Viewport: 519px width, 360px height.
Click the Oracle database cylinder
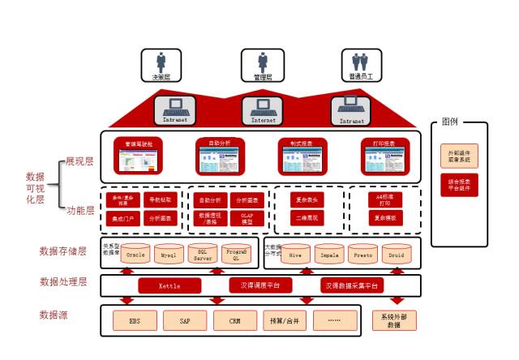point(135,254)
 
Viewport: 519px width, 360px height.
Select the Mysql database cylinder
point(168,255)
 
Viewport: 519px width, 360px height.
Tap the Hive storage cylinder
point(295,254)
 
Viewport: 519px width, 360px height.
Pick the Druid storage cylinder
point(397,254)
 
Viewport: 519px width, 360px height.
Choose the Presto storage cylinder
point(363,254)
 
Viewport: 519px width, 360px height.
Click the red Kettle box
point(169,285)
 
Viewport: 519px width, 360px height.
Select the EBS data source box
point(134,320)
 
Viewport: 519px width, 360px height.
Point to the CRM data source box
point(234,320)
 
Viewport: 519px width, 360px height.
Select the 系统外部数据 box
point(394,320)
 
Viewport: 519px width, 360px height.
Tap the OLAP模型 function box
point(247,218)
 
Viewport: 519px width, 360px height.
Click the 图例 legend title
point(450,122)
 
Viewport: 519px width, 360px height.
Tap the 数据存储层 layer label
point(62,251)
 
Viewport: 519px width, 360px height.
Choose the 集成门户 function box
point(120,218)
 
